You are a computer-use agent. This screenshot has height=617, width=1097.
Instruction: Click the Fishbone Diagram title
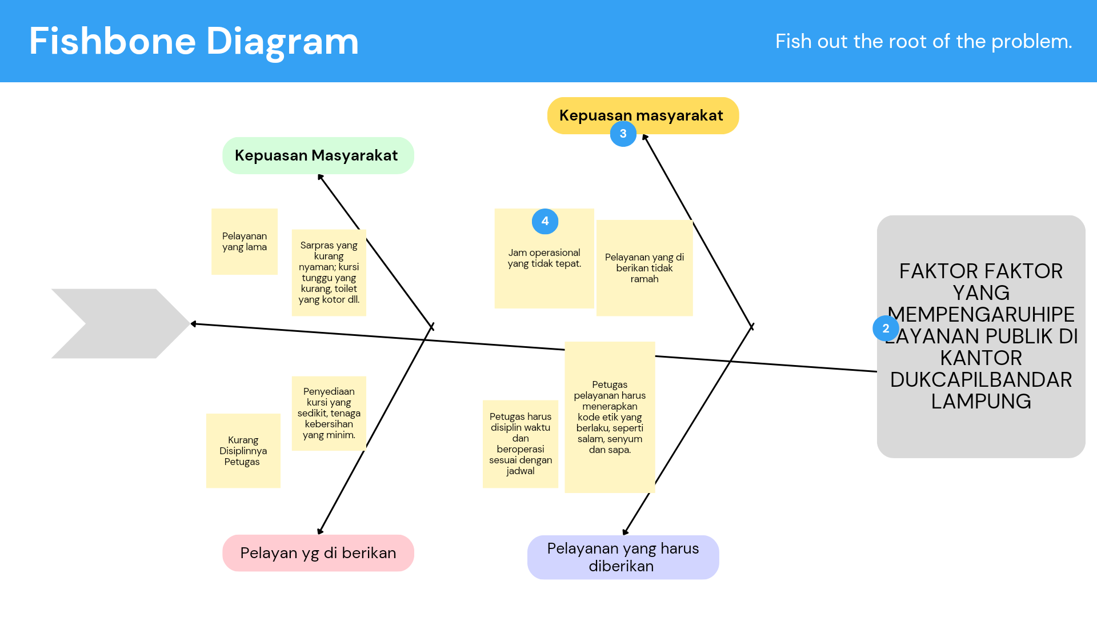tap(194, 41)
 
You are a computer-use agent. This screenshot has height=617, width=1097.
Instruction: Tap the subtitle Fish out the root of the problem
tap(923, 41)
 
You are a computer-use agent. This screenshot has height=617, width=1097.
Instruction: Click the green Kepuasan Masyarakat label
tap(318, 155)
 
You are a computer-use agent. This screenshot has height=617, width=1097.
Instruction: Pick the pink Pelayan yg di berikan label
tap(318, 553)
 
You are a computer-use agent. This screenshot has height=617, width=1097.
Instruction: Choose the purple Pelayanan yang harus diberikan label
tap(623, 557)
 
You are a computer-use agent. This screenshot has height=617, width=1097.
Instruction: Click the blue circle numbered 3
tap(623, 134)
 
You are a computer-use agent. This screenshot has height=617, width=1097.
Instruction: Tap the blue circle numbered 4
tap(545, 221)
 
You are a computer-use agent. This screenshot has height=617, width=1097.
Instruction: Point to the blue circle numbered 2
tap(886, 328)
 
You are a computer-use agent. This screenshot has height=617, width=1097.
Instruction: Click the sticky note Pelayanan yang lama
tap(245, 242)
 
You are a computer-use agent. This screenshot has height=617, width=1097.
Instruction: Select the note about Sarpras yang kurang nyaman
tap(329, 273)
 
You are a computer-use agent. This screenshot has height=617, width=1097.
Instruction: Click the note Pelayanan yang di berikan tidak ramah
tap(644, 268)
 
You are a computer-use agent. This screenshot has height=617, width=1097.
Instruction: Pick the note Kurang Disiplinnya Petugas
tap(243, 451)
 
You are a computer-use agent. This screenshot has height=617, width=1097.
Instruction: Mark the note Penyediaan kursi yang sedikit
tap(329, 413)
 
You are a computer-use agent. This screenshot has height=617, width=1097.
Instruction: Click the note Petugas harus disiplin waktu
tap(520, 444)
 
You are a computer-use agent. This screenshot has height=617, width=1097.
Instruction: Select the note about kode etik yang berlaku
tap(610, 417)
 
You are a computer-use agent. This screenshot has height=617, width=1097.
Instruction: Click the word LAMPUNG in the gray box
tap(981, 402)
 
